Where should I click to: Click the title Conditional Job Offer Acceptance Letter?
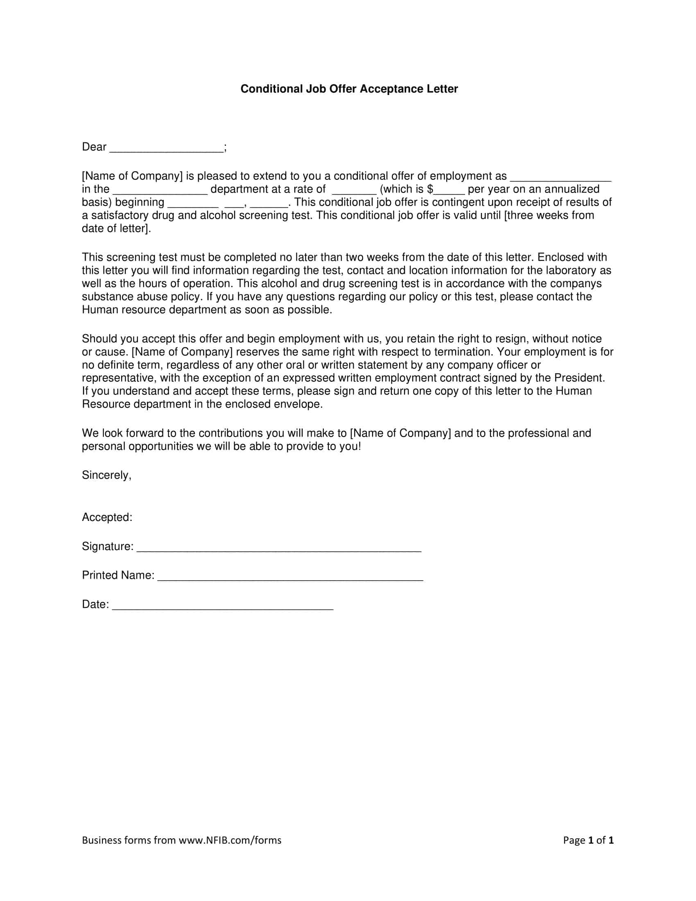point(349,89)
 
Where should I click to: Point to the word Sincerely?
point(106,475)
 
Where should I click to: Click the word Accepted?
point(106,517)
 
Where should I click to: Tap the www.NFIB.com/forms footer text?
point(230,840)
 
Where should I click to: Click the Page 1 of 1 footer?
point(588,840)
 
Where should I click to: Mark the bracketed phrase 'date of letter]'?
point(116,229)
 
